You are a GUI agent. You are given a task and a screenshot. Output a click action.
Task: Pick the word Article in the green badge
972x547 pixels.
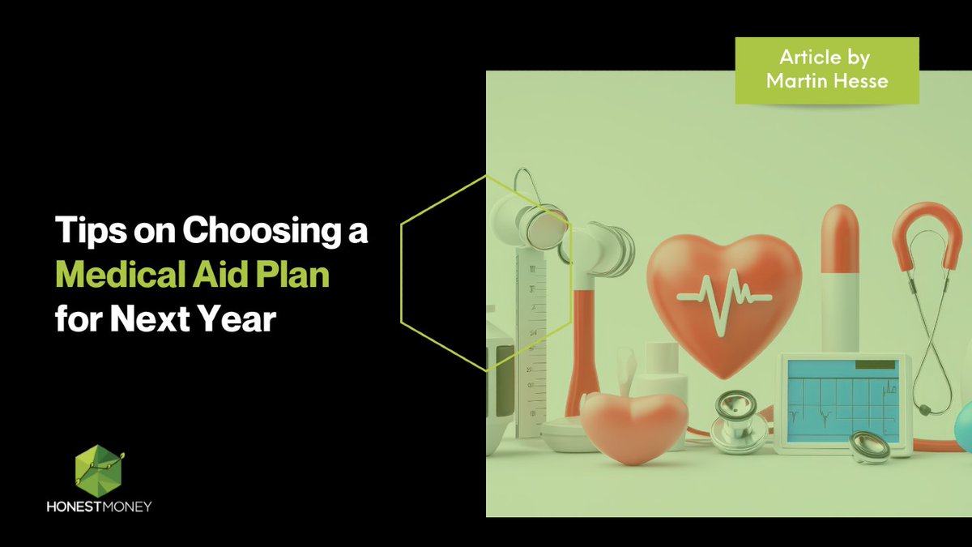pos(810,58)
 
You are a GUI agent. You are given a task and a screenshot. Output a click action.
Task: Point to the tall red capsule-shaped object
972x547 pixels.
pos(840,276)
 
